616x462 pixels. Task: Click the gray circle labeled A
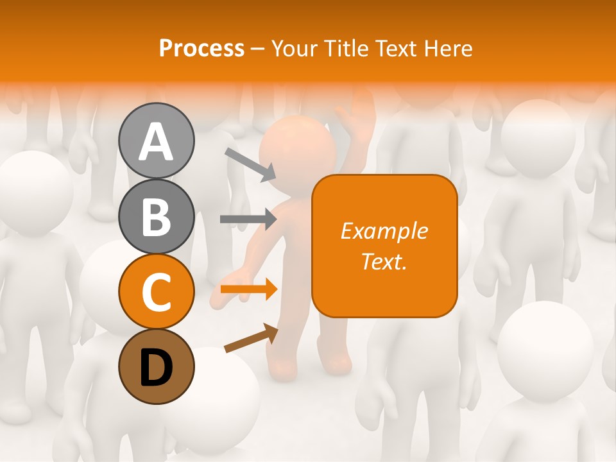click(x=156, y=141)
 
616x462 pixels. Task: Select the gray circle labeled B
click(x=156, y=216)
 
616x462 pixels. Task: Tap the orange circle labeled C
click(x=156, y=291)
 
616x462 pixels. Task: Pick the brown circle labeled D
click(x=156, y=366)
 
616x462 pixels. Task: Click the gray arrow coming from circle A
click(x=250, y=164)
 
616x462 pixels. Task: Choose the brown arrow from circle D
click(x=251, y=338)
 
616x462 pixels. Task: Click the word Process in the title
click(x=201, y=48)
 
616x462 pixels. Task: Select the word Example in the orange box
click(x=384, y=231)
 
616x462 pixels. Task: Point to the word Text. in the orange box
click(x=384, y=261)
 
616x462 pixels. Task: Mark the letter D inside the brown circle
click(x=156, y=368)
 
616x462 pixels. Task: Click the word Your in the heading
click(x=295, y=48)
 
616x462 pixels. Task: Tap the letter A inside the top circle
click(x=156, y=142)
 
